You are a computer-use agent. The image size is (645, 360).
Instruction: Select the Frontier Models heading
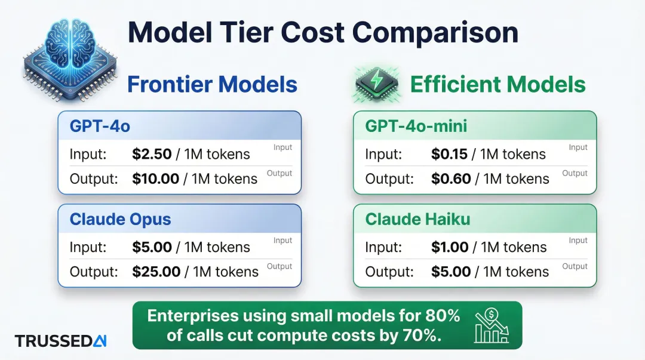[212, 84]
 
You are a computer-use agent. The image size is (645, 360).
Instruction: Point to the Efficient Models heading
[497, 84]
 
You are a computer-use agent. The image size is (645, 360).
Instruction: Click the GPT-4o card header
[179, 126]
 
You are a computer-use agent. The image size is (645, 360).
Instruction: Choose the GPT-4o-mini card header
[475, 126]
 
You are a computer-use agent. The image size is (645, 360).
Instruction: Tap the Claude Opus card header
[179, 219]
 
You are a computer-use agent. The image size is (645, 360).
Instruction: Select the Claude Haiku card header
[475, 219]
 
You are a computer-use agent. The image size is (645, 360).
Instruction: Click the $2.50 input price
[152, 154]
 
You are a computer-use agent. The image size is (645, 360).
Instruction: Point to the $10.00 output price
[156, 179]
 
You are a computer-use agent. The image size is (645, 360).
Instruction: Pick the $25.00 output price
[156, 272]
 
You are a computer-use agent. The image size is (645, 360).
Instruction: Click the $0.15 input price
[449, 154]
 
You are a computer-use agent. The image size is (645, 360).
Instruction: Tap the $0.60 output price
[451, 179]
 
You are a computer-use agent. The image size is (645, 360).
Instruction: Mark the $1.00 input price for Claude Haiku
[450, 247]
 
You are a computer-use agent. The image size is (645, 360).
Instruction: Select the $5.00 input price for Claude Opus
[152, 247]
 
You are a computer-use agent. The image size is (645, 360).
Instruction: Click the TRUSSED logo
[60, 341]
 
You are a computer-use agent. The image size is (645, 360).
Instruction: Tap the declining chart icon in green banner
[491, 326]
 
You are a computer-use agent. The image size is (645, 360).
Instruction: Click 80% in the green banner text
[442, 315]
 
